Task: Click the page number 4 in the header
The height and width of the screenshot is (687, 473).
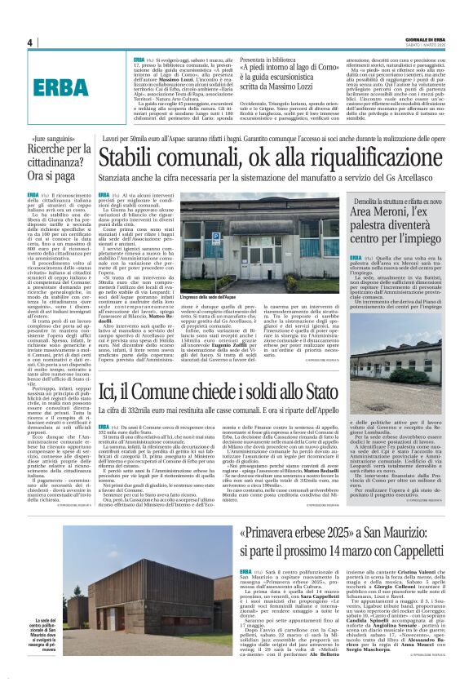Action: click(29, 42)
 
